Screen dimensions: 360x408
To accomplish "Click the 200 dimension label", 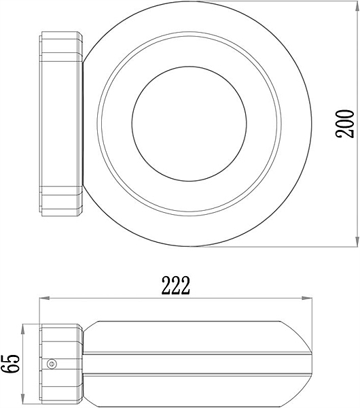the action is point(344,124).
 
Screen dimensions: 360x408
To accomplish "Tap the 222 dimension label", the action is point(176,286).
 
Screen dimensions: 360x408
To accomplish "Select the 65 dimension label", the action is point(10,364).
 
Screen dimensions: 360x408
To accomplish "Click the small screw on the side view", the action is point(52,364).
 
